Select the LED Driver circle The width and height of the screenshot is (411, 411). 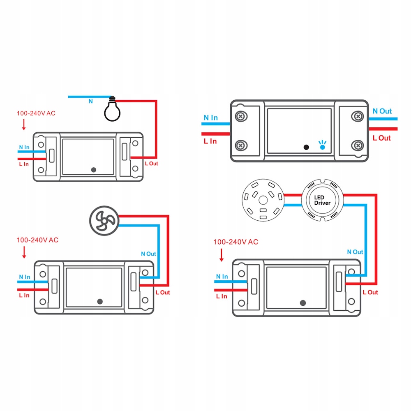[322, 200]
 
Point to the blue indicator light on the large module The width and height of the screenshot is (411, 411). [322, 145]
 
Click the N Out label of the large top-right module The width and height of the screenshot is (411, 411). [382, 111]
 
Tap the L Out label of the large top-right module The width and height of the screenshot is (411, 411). [381, 138]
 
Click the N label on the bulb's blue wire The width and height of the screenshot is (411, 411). [90, 101]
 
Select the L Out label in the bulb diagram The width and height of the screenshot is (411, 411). [150, 164]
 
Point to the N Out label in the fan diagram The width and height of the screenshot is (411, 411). [148, 254]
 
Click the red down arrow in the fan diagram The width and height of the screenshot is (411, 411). [24, 252]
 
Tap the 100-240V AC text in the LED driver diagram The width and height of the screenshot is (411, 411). [236, 242]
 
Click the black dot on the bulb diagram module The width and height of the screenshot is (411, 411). [93, 169]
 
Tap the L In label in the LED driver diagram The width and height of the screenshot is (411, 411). [221, 296]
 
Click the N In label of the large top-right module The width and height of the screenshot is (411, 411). [211, 118]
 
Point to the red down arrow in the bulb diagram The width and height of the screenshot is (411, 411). [24, 124]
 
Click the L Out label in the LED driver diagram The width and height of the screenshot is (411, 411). [370, 292]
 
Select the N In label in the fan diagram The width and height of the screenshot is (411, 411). [24, 277]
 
